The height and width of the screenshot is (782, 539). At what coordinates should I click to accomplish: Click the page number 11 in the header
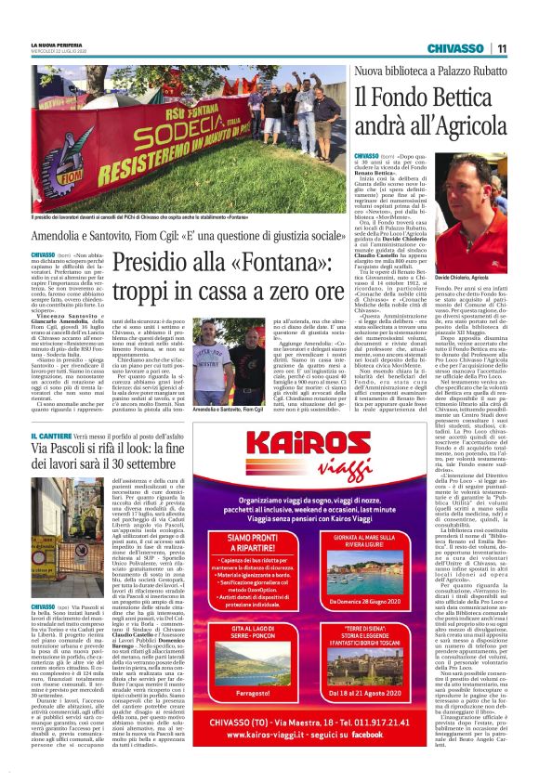[501, 48]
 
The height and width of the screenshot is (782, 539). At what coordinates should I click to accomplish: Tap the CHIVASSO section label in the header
[455, 48]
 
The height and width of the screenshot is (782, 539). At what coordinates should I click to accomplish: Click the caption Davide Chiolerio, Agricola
[474, 277]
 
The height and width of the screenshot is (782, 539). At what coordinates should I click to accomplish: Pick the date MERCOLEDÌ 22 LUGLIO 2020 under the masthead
[57, 52]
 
